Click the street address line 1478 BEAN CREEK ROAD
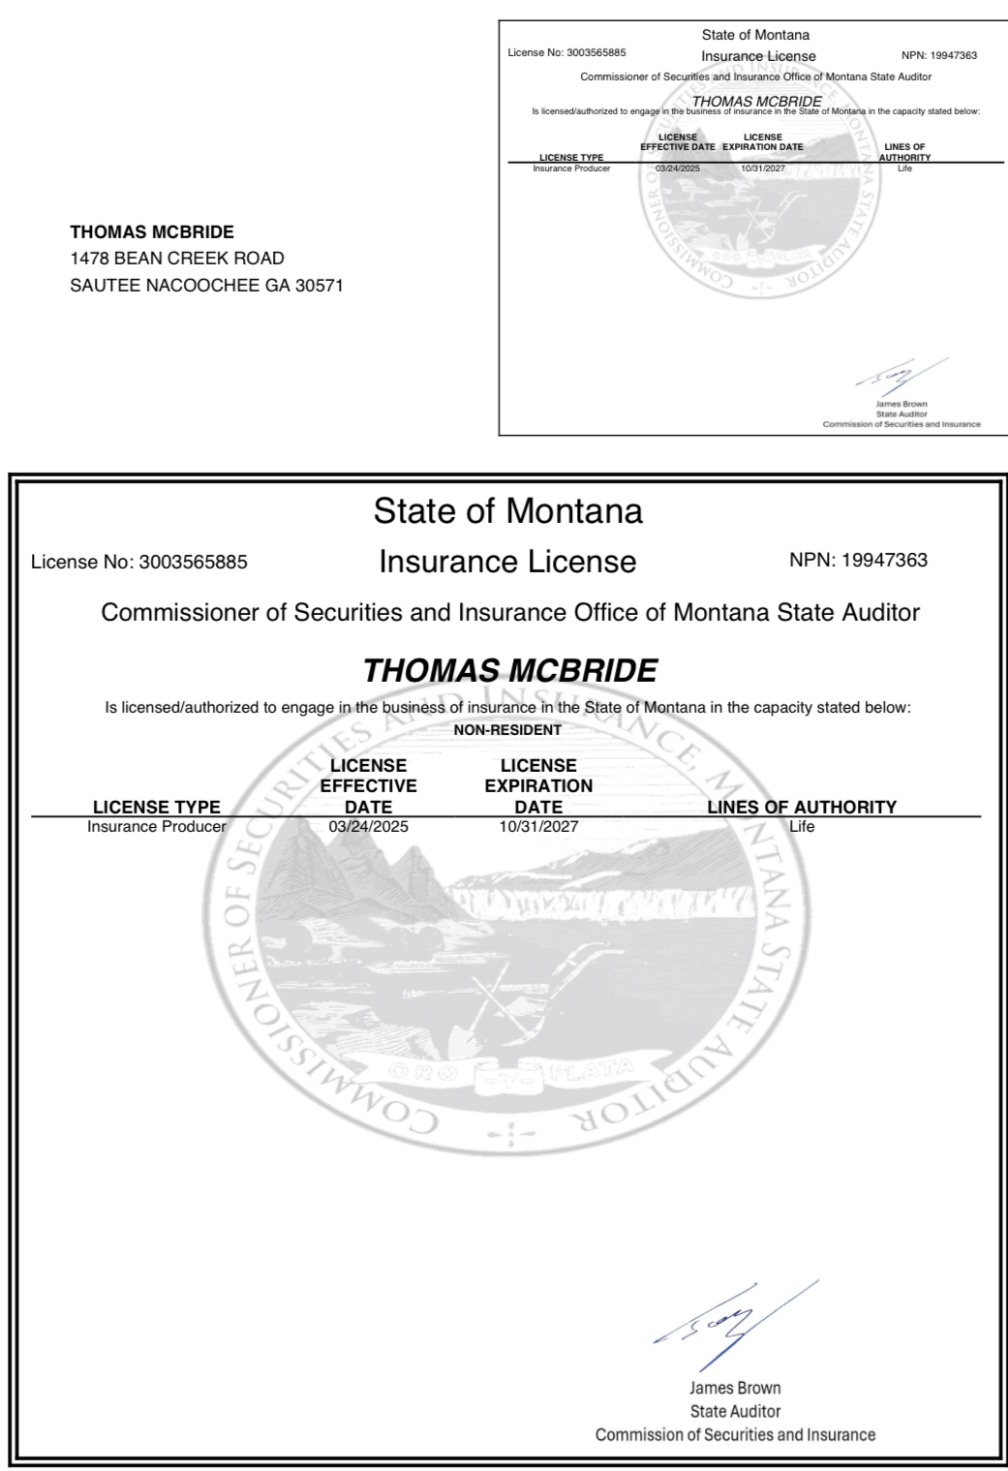point(177,259)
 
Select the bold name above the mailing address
point(152,232)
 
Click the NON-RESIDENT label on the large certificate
point(507,730)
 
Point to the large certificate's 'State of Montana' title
point(507,511)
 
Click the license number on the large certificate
point(193,563)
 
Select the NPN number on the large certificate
point(884,561)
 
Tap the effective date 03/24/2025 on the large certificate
point(368,827)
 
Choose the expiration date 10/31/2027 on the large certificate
point(538,827)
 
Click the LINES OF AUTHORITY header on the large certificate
point(802,807)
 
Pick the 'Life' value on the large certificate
point(802,827)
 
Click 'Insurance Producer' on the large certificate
point(156,827)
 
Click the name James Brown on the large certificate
point(735,1389)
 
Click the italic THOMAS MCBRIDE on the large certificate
point(509,670)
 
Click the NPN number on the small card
point(953,56)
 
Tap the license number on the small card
point(596,53)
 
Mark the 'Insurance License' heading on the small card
point(758,56)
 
